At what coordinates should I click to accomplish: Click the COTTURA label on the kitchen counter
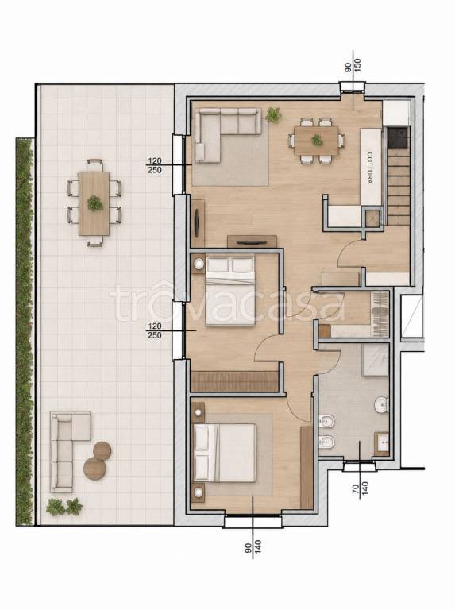[370, 168]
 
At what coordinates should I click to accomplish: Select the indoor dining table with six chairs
[316, 140]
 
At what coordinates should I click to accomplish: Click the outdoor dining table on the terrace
[94, 203]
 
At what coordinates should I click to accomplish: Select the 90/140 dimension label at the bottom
[253, 546]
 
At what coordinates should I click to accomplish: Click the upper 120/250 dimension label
[155, 165]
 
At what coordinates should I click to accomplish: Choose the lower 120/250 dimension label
[155, 330]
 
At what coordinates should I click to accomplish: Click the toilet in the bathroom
[381, 405]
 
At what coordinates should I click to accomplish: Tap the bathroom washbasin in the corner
[381, 443]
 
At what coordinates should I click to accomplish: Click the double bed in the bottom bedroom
[225, 453]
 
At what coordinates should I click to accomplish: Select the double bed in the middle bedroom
[230, 290]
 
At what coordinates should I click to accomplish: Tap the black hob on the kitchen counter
[399, 137]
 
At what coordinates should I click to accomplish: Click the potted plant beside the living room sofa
[274, 114]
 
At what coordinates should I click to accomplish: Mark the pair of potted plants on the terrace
[64, 507]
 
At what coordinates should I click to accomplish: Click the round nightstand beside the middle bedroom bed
[199, 264]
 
